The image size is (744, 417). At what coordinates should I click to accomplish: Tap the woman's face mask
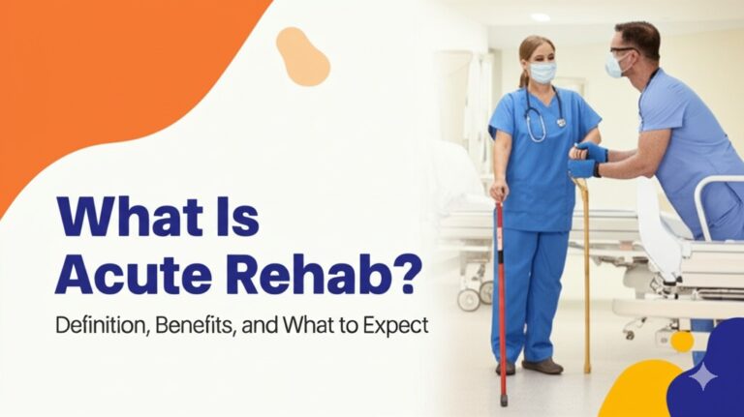542,73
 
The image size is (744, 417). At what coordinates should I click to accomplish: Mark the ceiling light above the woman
541,16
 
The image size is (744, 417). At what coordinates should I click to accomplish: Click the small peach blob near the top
302,55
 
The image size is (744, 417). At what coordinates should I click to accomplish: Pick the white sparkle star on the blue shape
704,376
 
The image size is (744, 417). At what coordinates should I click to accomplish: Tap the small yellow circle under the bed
683,341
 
